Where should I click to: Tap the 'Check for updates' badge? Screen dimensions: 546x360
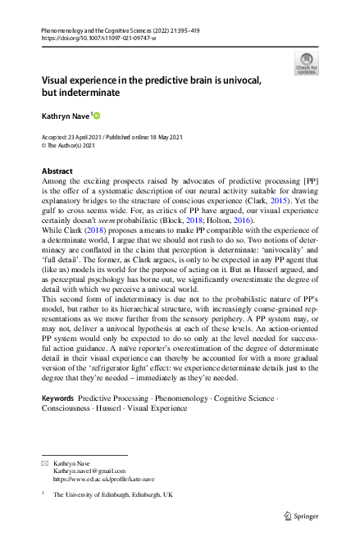coord(306,64)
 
